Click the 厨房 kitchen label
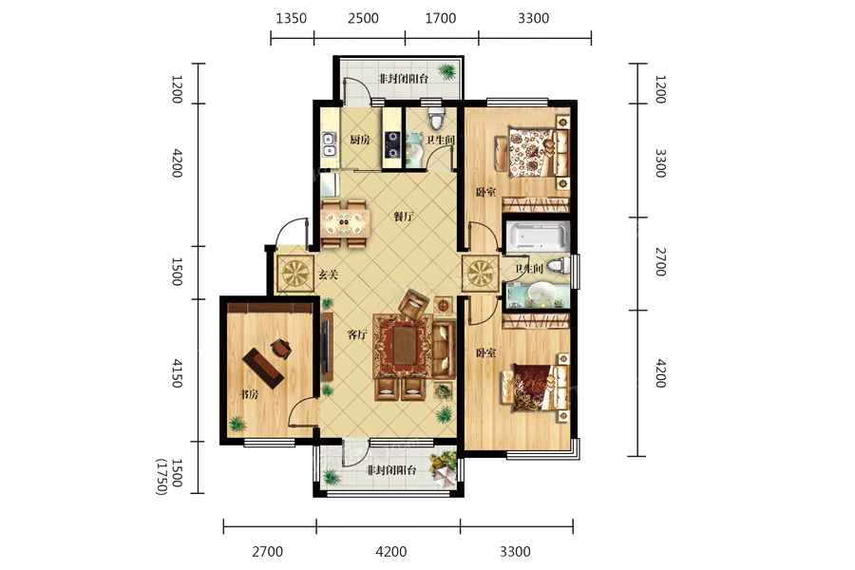click(x=360, y=140)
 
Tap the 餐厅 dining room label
click(x=404, y=217)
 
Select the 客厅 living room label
click(x=357, y=335)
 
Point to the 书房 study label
click(x=248, y=394)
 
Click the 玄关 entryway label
click(x=328, y=275)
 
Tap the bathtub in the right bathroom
click(x=537, y=237)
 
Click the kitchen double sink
click(x=329, y=143)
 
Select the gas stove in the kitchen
click(x=392, y=143)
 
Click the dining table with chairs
click(x=345, y=223)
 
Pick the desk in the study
click(x=263, y=368)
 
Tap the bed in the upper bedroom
click(x=537, y=152)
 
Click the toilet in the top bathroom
click(x=436, y=118)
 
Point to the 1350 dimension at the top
click(x=292, y=19)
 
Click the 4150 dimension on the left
click(x=177, y=373)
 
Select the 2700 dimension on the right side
click(x=660, y=262)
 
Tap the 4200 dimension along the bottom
click(x=391, y=552)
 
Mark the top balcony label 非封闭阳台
click(x=404, y=79)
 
